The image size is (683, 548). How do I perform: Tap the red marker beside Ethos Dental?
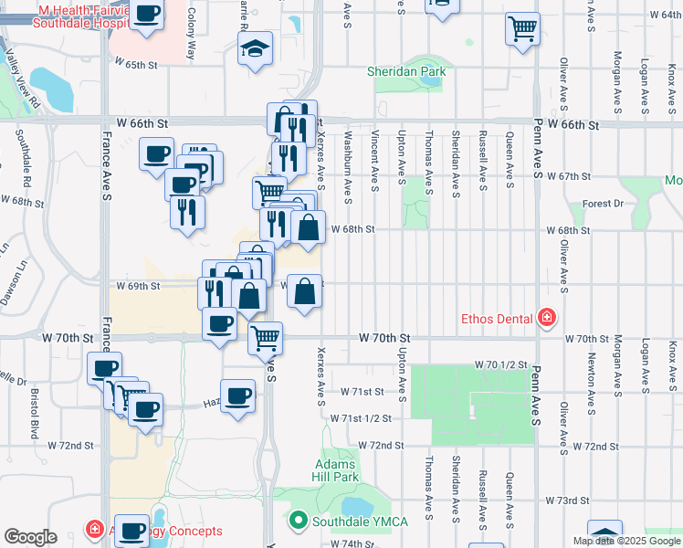547,319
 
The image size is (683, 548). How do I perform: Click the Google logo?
30,537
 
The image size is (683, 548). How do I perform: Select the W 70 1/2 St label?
501,364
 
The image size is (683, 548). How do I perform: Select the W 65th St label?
136,65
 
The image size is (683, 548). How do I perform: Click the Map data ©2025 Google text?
626,541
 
